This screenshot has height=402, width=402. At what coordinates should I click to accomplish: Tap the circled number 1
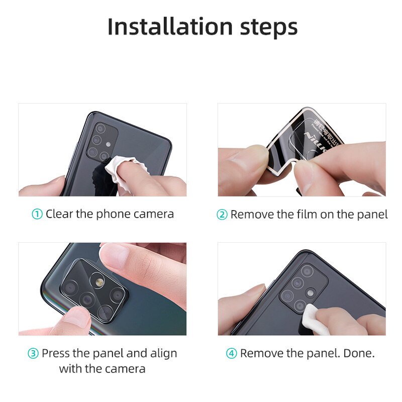point(37,214)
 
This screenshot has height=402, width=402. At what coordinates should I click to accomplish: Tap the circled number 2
point(222,215)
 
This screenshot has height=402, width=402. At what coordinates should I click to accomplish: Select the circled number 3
point(33,353)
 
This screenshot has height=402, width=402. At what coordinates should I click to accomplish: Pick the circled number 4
point(232,353)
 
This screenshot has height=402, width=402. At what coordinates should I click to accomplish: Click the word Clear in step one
point(59,214)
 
